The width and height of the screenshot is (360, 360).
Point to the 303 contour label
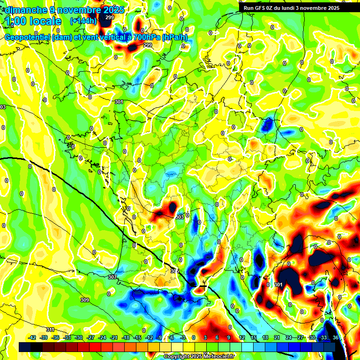pos(179,217)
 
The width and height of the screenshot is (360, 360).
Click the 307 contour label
pos(112,277)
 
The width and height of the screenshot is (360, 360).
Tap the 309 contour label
pos(84,300)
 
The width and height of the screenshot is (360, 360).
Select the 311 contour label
pos(50,330)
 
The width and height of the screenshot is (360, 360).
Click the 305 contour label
pos(174,271)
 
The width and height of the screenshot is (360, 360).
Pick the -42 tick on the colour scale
pos(32,337)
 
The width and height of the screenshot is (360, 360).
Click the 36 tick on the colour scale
pos(336,337)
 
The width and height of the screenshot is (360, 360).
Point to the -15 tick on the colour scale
pos(137,337)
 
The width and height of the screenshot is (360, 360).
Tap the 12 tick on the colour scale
pos(241,337)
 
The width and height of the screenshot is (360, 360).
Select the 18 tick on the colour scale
pos(266,337)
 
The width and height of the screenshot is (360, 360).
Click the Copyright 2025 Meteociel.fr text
pos(198,356)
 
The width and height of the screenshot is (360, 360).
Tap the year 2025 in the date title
pos(112,9)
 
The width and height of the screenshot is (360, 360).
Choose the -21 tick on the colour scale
pos(114,337)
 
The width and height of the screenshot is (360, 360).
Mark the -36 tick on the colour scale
pos(56,337)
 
